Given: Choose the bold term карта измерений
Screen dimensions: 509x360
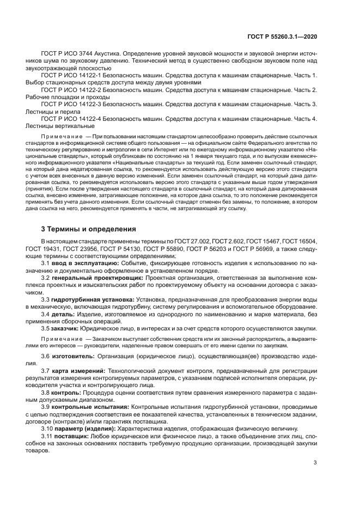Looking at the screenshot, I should tap(77, 370).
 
